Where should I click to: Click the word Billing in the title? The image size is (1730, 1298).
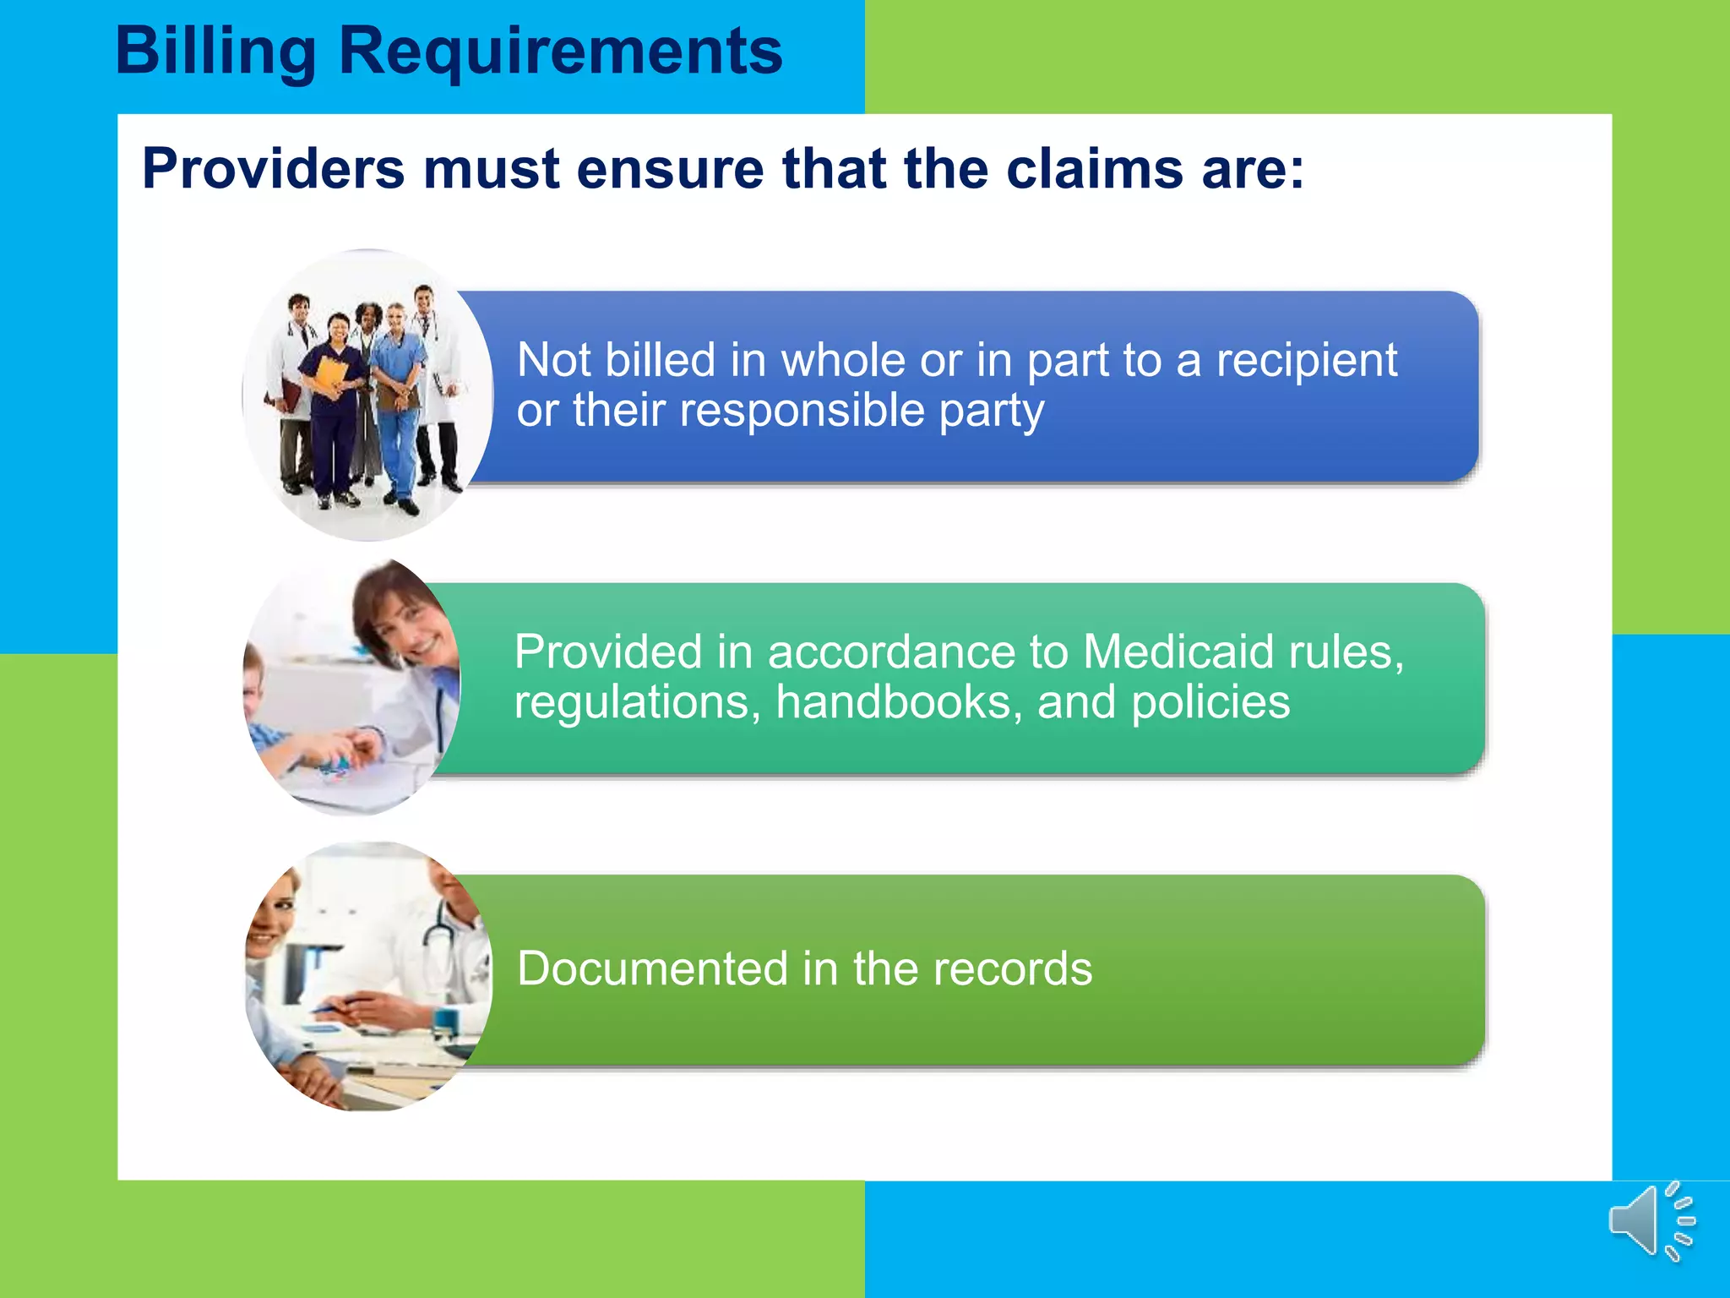[x=215, y=52]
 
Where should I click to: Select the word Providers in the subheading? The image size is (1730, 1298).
[x=273, y=169]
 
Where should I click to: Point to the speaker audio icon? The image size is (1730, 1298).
[x=1651, y=1221]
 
